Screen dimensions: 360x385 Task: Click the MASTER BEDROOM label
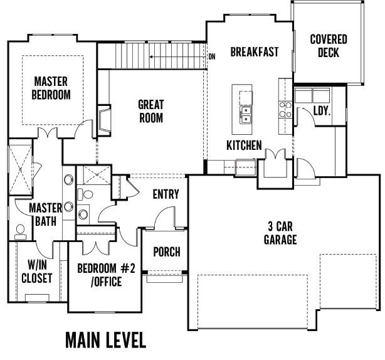[x=52, y=88]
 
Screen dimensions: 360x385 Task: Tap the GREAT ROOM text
[x=150, y=112]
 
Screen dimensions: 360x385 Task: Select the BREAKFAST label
[x=254, y=52]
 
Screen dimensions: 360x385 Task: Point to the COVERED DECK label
[x=329, y=46]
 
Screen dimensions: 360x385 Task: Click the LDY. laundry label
[x=322, y=112]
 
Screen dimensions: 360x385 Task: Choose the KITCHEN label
[x=244, y=146]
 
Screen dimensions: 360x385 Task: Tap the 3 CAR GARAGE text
[x=280, y=232]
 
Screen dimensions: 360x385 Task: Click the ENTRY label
[x=166, y=194]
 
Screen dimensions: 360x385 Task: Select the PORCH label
[x=166, y=252]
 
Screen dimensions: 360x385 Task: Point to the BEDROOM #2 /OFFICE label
[x=106, y=275]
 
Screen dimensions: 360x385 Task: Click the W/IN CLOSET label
[x=36, y=271]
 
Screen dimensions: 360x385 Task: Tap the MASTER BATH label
[x=46, y=214]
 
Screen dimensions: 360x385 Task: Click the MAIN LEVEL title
[x=105, y=340]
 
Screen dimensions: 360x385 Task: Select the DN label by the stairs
[x=212, y=56]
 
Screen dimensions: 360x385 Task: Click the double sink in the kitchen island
[x=246, y=114]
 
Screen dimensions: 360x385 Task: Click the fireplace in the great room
[x=103, y=119]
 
